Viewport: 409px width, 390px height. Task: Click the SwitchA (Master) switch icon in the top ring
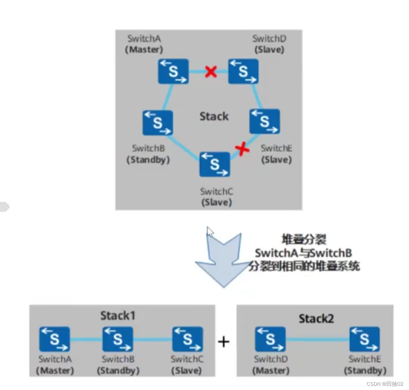click(173, 71)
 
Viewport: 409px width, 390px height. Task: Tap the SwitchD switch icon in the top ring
click(243, 71)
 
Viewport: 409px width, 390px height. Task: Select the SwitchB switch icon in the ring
click(157, 123)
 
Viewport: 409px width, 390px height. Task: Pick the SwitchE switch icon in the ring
click(265, 122)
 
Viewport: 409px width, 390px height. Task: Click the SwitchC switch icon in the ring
click(215, 164)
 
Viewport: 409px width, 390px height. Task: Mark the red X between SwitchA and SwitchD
click(210, 71)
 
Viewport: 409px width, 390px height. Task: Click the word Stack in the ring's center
click(214, 116)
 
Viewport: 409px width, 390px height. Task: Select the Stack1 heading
click(118, 316)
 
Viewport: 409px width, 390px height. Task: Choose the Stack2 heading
click(316, 318)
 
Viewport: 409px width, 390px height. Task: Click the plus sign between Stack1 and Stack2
click(224, 341)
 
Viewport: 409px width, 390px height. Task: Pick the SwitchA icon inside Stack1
click(55, 339)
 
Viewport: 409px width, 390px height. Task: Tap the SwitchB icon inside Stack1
click(118, 339)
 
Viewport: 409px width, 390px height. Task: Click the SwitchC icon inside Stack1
click(187, 339)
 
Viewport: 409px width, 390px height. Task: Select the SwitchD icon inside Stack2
click(270, 339)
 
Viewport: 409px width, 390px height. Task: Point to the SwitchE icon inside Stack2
click(364, 339)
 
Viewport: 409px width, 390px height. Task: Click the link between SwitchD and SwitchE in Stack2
click(317, 340)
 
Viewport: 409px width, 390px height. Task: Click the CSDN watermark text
click(385, 384)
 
